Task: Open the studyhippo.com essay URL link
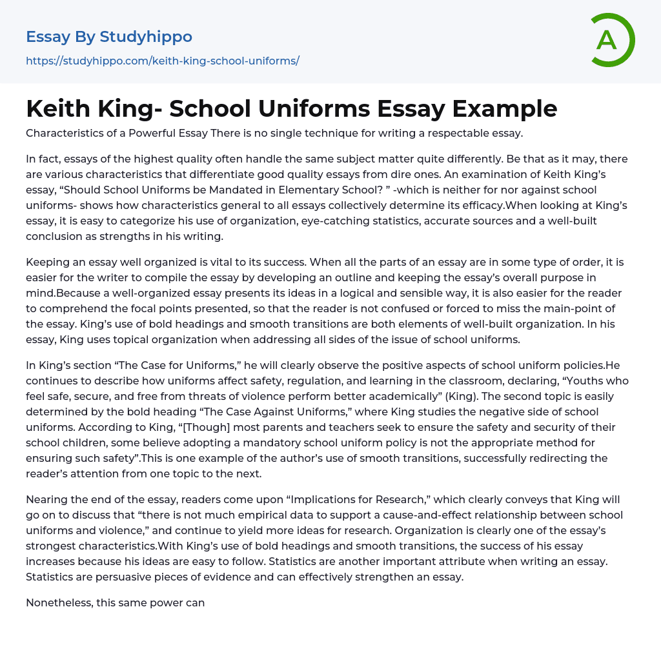163,61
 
